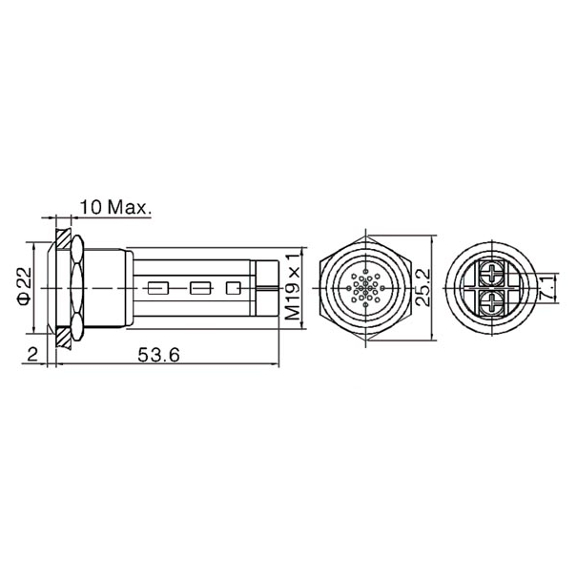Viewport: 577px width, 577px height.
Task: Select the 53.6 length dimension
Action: click(159, 355)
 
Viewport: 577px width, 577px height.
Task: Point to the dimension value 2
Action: click(32, 355)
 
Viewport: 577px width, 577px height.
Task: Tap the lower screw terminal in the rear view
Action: click(493, 304)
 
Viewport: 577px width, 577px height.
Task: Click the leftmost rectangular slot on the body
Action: click(159, 286)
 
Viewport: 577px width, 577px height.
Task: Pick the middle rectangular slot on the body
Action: click(198, 286)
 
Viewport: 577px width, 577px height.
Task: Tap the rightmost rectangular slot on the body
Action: click(232, 286)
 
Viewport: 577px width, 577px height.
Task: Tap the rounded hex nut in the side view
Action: click(76, 286)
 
